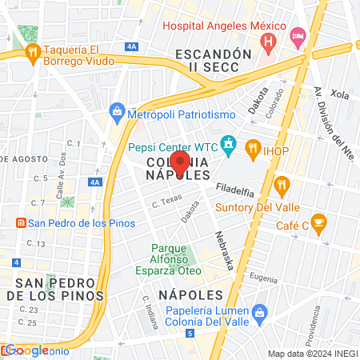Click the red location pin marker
tap(181, 164)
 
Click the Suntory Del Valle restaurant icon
tap(281, 186)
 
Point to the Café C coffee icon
tap(319, 222)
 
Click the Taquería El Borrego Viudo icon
tap(33, 54)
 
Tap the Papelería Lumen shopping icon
tap(258, 311)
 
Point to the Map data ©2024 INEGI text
tap(311, 354)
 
